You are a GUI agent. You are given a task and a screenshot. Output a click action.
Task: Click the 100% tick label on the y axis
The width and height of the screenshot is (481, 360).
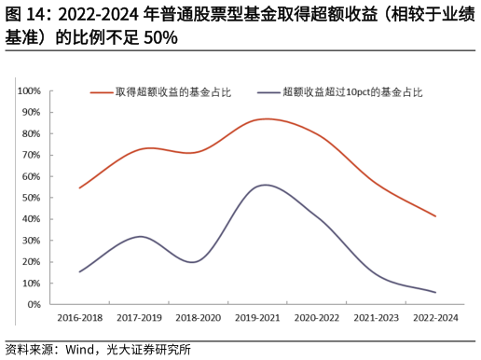point(28,91)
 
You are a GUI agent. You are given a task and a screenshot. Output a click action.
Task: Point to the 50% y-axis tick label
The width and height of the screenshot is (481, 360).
point(30,198)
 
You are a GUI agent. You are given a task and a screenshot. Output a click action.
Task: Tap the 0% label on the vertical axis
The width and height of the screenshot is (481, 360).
point(33,305)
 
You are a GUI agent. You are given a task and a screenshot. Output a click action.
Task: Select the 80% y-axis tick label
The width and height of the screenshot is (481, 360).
point(30,134)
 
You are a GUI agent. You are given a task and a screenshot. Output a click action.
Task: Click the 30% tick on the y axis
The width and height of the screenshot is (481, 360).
point(30,241)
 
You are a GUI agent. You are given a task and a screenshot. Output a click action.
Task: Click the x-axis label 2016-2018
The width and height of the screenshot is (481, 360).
point(80,318)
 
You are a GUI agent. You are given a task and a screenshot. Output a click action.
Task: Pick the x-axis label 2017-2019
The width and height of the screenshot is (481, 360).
point(140,318)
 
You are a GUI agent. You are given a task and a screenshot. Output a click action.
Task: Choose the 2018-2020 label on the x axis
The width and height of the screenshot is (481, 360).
point(199,318)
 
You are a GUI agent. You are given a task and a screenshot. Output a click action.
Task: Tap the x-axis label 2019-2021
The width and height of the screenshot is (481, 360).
point(258,318)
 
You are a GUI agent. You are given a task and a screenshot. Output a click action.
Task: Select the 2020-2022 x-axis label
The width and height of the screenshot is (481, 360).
point(317,318)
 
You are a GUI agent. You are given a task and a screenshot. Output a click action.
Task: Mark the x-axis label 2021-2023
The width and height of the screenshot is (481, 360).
point(377,318)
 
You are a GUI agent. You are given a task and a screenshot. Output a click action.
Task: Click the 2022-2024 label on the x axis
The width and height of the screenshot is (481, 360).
point(435,318)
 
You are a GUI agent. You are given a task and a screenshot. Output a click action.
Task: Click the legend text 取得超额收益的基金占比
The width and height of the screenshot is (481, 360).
point(172,92)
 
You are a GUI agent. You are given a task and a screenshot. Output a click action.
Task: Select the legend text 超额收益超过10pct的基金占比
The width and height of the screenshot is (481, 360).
point(352,92)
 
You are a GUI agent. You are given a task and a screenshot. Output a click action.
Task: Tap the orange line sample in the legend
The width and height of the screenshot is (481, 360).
point(102,92)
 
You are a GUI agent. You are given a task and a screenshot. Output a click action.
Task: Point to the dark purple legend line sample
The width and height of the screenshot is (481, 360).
point(270,92)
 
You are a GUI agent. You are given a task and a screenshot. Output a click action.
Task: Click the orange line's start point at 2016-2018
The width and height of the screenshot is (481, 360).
point(80,187)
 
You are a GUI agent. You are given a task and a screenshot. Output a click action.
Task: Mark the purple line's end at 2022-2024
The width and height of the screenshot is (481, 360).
point(435,292)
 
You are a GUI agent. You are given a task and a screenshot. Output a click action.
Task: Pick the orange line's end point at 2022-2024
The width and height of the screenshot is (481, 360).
point(435,216)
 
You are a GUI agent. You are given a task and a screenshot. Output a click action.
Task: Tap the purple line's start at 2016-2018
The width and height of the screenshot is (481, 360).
point(80,271)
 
